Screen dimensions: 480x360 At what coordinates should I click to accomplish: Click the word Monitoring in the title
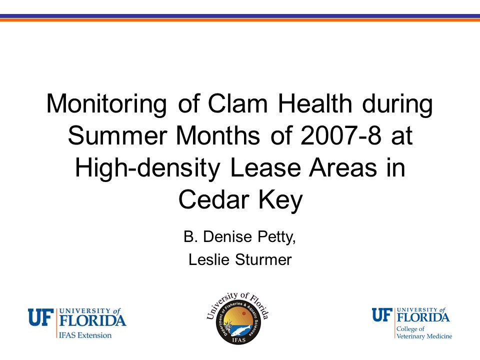[106, 104]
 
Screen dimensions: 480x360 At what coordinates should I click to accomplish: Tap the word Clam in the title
[237, 103]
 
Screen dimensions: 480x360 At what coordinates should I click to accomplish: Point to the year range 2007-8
[341, 135]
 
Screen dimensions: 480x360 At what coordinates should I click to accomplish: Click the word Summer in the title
[117, 135]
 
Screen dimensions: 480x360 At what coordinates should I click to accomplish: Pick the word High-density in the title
[147, 168]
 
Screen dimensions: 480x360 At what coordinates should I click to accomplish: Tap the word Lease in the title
[265, 167]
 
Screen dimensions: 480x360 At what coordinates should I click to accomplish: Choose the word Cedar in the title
[213, 199]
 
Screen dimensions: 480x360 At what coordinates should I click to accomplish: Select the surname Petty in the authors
[276, 237]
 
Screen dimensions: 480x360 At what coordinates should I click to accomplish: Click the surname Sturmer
[263, 259]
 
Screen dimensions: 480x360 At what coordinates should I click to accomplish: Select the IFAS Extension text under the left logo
[85, 335]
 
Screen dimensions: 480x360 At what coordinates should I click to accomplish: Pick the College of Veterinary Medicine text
[424, 332]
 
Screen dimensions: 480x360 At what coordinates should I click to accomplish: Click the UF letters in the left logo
[41, 317]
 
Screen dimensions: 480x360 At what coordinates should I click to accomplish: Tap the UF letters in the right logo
[382, 315]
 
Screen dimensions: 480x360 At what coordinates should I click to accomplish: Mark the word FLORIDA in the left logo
[92, 320]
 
